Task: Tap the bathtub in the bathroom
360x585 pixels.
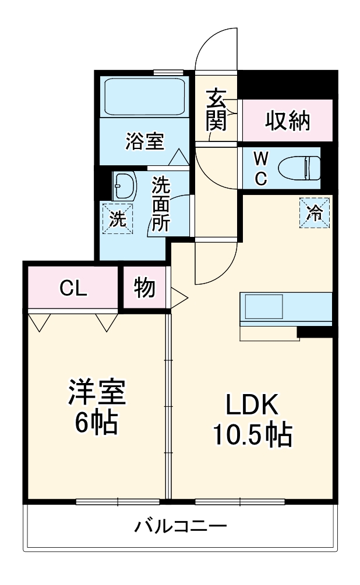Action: coord(144,97)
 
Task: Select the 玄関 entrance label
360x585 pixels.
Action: coord(216,109)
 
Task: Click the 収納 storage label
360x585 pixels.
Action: coord(288,121)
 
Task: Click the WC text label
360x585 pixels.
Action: coord(260,168)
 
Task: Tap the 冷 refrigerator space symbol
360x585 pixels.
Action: coord(315,212)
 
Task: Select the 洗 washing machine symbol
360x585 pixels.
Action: coord(118,219)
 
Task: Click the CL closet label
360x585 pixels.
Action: coord(73,288)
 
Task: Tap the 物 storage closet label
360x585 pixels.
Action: coord(144,288)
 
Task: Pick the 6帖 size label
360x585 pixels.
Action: coord(97,423)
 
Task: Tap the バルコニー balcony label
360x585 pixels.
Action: coord(181,527)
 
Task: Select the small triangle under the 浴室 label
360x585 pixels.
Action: coord(178,158)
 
